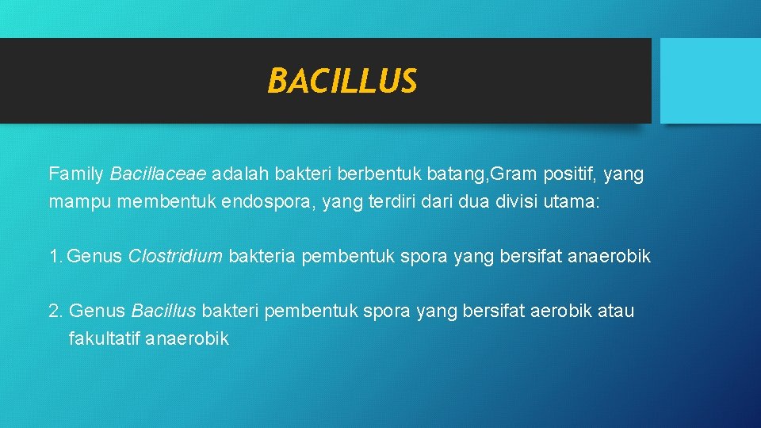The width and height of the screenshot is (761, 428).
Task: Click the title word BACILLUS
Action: [x=342, y=81]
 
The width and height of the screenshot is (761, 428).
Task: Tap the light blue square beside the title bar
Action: [x=709, y=81]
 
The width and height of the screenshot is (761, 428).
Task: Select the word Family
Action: [x=77, y=173]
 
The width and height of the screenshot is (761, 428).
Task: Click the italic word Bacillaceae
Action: [x=159, y=173]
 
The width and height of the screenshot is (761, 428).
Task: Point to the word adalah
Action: [x=239, y=173]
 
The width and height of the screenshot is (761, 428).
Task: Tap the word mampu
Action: [x=80, y=202]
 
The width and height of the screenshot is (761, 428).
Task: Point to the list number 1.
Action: [x=54, y=256]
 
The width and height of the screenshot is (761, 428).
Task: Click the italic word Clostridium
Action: [x=175, y=256]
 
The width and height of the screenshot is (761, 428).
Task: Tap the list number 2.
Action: [x=55, y=311]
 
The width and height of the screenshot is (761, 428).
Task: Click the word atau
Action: [x=617, y=311]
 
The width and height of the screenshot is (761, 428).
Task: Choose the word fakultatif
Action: [x=105, y=339]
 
